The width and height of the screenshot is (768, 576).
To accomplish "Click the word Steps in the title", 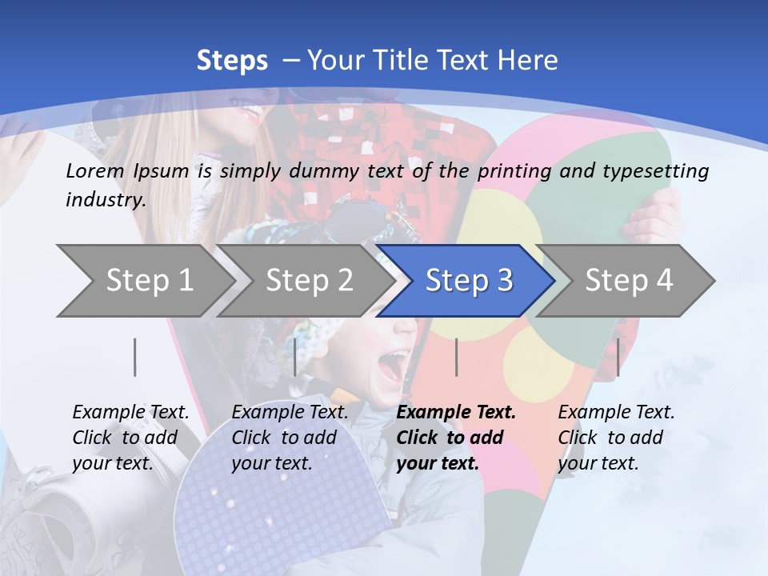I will (232, 61).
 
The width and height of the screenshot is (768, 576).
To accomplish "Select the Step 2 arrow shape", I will (309, 281).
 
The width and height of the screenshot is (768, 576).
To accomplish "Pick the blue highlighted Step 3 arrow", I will (468, 281).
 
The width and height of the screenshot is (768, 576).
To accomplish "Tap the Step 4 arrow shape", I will (629, 281).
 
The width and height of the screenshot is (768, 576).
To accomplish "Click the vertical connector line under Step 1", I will (135, 357).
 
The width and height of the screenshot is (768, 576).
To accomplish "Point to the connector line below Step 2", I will (295, 357).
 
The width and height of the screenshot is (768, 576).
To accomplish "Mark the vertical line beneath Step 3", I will (456, 357).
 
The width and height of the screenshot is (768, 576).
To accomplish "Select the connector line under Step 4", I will (618, 357).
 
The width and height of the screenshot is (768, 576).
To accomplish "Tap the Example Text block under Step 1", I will (130, 438).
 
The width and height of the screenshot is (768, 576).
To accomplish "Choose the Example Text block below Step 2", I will (290, 438).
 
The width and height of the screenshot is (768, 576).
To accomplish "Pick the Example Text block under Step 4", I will (616, 438).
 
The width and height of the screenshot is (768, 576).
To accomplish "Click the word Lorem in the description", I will (95, 170).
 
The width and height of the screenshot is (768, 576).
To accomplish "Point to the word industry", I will (106, 200).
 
